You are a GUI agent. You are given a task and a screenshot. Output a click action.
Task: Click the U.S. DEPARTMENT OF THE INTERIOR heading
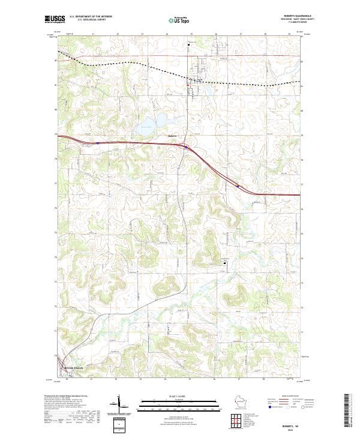click(91, 17)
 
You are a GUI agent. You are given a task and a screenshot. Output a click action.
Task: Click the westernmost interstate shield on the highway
click(98, 143)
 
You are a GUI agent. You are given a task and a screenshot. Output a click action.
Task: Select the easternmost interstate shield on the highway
click(238, 186)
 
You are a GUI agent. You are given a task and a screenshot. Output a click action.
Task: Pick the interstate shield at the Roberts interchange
click(187, 147)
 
